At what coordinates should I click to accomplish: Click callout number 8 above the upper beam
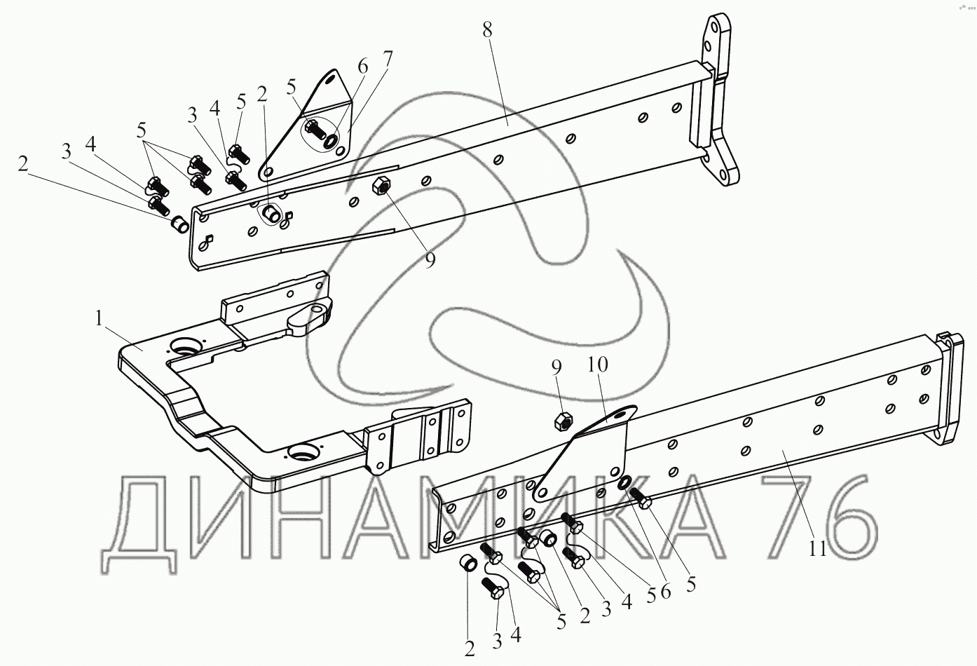(488, 30)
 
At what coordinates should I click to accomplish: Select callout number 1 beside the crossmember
(100, 318)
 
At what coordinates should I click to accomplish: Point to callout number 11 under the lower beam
(818, 548)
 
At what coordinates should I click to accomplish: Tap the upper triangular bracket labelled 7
(308, 126)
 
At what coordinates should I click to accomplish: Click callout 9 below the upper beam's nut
(430, 259)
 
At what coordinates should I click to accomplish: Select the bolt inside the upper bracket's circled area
(314, 129)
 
